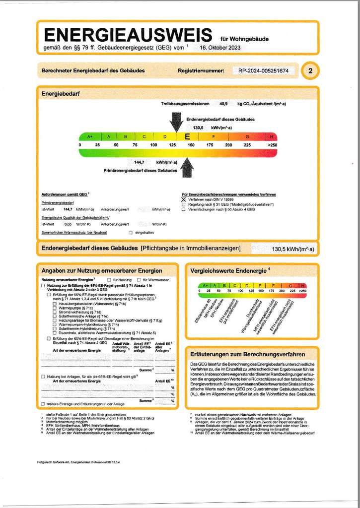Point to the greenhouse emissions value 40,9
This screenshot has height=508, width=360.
click(223, 104)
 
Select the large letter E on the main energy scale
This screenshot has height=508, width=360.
click(187, 136)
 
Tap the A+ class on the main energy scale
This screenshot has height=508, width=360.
click(90, 136)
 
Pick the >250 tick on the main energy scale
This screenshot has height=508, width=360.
click(272, 145)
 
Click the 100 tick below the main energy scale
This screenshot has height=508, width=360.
click(153, 145)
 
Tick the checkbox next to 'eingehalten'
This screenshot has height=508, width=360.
click(130, 232)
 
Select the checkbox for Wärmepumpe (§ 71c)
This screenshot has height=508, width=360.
click(54, 308)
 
